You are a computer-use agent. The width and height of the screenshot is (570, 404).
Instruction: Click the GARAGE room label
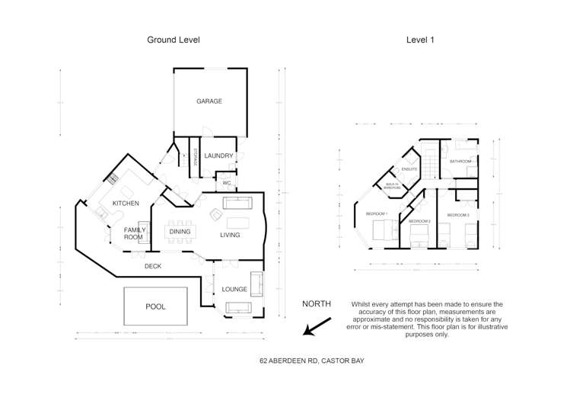[x=209, y=101]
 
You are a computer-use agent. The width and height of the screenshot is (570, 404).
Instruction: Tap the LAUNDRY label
[x=218, y=156]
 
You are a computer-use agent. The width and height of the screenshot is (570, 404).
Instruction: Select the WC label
[x=226, y=183]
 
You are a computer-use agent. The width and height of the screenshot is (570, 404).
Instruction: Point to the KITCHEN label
[x=126, y=204]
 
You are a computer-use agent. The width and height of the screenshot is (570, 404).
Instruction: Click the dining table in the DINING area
[x=180, y=232]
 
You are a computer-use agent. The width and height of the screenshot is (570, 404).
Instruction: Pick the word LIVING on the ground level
[x=230, y=235]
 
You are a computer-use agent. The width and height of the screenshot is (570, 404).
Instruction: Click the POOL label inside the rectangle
[x=155, y=306]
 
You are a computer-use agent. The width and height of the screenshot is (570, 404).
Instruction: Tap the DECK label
[x=153, y=266]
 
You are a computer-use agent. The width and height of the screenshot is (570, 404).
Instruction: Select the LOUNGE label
[x=234, y=290]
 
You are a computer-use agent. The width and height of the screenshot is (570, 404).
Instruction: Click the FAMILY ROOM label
[x=134, y=233]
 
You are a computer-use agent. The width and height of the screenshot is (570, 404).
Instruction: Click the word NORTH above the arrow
[x=317, y=303]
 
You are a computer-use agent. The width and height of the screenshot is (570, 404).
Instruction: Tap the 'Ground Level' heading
[x=174, y=40]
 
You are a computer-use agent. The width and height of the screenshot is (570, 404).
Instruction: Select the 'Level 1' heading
[x=420, y=40]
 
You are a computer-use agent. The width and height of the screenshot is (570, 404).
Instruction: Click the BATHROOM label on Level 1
[x=460, y=162]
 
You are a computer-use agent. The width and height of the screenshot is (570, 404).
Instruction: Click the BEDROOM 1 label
[x=377, y=213]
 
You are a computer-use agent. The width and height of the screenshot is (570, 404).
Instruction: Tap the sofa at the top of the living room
[x=237, y=204]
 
